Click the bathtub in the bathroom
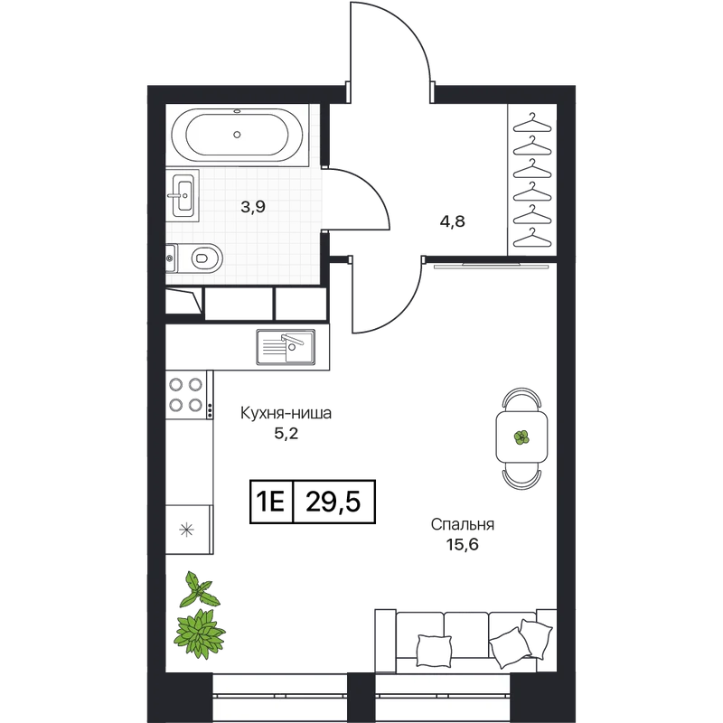pos(237,135)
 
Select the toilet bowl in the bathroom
pos(199,258)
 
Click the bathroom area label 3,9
pos(253,207)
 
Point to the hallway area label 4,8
pos(453,221)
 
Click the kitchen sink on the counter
pos(286,347)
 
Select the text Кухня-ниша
pos(286,413)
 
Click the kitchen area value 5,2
pos(286,434)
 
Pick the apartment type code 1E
pos(270,502)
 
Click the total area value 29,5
pos(333,502)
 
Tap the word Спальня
pos(463,524)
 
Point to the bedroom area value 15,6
pos(463,545)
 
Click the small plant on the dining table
pos(521,437)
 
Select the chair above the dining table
pos(522,399)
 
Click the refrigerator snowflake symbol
pos(186,530)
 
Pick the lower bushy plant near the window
pos(199,633)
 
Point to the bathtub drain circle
pos(237,135)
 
